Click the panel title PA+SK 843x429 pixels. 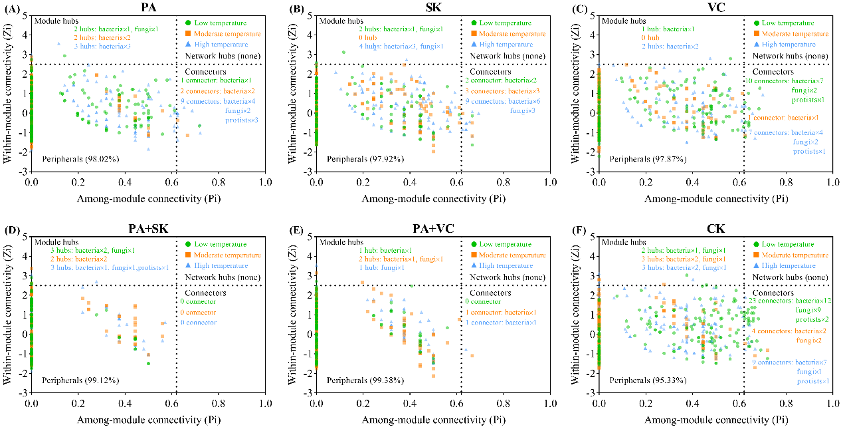tap(149, 229)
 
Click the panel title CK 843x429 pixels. tap(716, 229)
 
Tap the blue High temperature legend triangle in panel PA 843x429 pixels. tap(188, 44)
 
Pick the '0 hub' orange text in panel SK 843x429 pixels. tap(369, 38)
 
